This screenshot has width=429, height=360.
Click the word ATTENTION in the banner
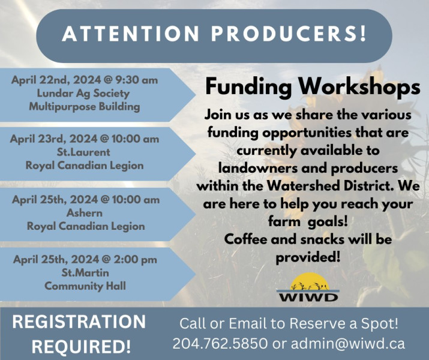131,34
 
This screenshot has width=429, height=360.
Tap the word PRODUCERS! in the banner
289,34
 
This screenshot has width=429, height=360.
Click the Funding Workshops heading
313,86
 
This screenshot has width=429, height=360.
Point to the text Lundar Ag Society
83,93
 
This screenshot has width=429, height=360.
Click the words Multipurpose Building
85,106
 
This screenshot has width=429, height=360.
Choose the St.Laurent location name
83,152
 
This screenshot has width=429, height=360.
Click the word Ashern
85,213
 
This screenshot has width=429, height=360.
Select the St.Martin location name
85,273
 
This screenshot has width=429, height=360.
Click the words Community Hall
85,286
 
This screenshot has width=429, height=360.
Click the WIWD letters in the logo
308,297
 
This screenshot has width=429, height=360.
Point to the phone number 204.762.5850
220,344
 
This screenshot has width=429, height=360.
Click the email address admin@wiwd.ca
348,344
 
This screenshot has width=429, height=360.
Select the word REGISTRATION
79,322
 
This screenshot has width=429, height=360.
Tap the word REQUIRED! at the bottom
81,347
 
